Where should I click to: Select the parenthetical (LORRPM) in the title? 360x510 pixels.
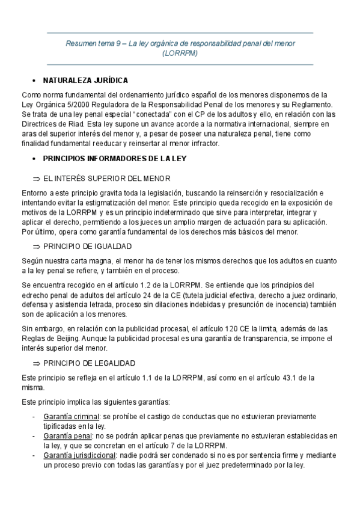point(180,53)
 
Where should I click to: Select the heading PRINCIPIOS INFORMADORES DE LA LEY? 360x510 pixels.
point(115,159)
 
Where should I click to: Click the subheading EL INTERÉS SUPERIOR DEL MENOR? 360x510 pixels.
point(107,179)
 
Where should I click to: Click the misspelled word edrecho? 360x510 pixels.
point(36,294)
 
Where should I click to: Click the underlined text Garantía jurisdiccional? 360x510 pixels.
point(80,455)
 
